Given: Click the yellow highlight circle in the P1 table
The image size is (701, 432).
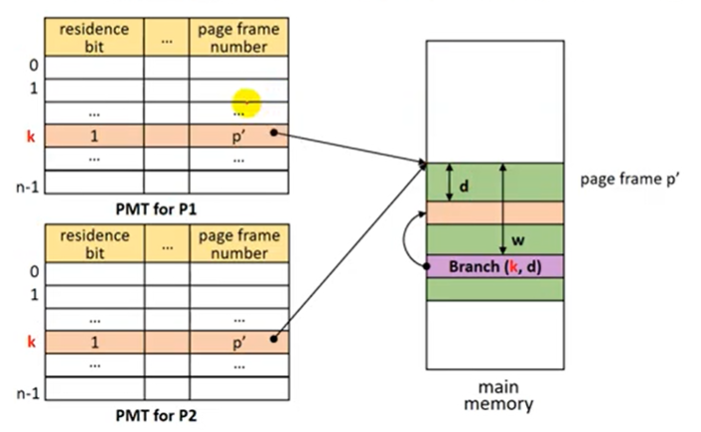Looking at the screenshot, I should click(246, 102).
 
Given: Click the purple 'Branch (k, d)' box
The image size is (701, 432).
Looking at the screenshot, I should click(493, 266).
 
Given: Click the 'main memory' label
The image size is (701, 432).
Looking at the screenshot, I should click(494, 395).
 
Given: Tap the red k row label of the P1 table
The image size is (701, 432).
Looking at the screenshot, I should click(30, 135).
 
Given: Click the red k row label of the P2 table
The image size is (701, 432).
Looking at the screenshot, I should click(30, 340).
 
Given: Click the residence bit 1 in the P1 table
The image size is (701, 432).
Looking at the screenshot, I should click(94, 135).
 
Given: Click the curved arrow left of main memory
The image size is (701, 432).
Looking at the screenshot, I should click(413, 244).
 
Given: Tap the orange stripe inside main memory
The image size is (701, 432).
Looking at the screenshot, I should click(493, 213).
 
